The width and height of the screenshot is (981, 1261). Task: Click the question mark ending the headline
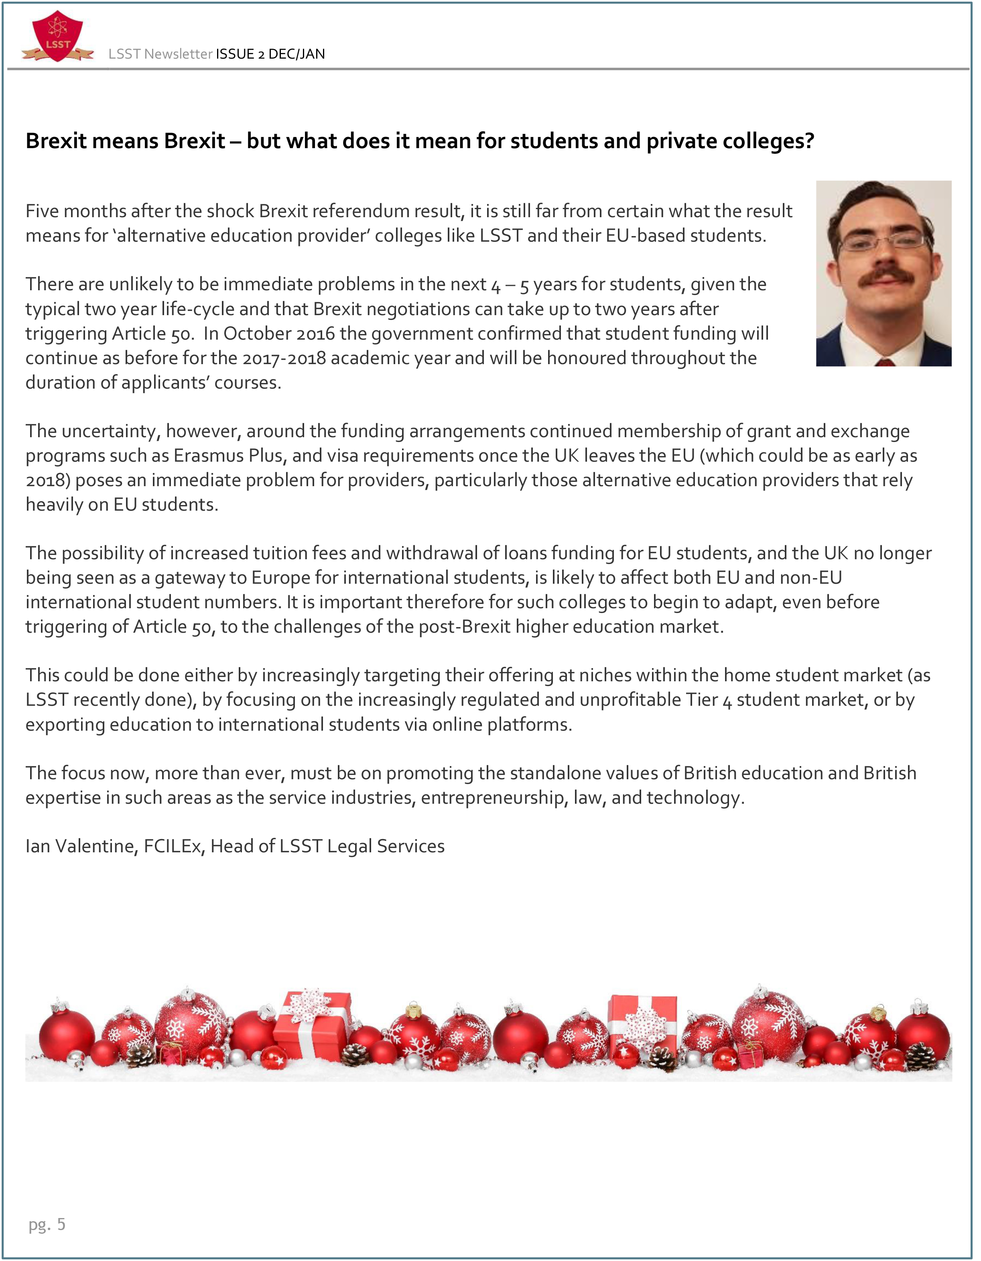(808, 141)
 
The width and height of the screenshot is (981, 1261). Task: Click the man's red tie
(885, 362)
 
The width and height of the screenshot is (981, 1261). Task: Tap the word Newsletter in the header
(178, 54)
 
